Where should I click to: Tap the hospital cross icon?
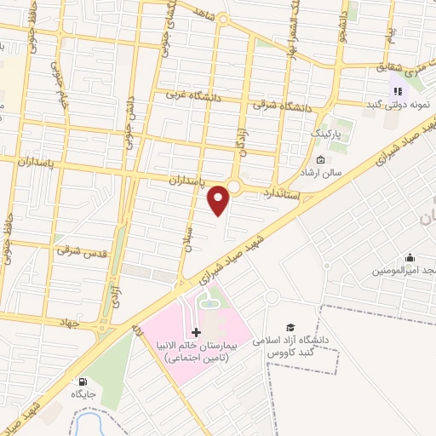[x=197, y=332]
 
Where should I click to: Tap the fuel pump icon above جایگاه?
[x=83, y=381]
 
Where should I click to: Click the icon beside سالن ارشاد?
[x=320, y=160]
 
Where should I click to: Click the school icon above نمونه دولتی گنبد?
[x=397, y=91]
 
